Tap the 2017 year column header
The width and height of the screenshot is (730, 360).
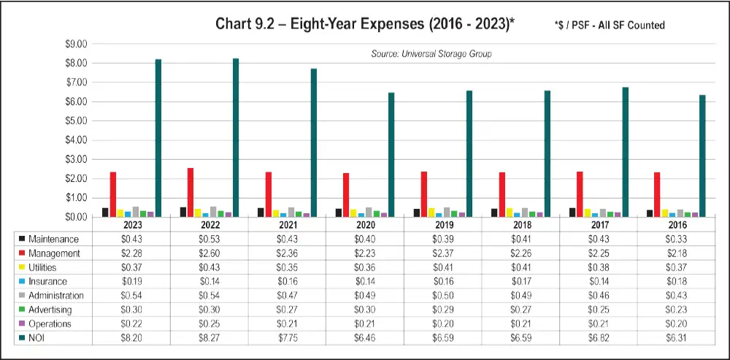pos(599,226)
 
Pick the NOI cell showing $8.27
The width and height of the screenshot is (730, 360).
pos(209,337)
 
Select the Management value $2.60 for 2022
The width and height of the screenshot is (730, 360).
pos(209,253)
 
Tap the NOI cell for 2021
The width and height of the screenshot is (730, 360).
pos(287,337)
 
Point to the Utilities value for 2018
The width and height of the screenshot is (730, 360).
pos(520,267)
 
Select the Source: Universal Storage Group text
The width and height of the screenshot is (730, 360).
pos(431,54)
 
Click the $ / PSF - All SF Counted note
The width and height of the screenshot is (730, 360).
pos(610,26)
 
